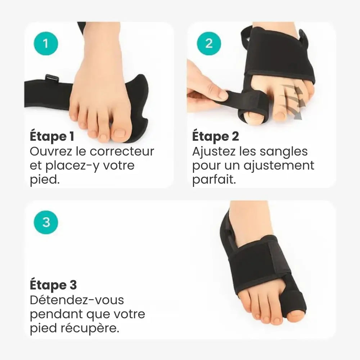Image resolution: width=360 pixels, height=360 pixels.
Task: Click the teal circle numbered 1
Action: coord(46,44)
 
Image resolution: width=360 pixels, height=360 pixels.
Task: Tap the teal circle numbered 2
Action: coord(209,44)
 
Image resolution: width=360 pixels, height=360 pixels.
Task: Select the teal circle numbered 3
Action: coord(46,222)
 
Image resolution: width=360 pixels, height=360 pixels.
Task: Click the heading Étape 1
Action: coord(52,136)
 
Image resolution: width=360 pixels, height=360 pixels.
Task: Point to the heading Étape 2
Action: coord(215,136)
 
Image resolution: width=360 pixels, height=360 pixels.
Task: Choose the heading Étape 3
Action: coord(53,285)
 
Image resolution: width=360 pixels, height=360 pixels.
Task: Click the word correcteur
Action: coord(122,152)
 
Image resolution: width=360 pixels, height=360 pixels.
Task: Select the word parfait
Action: coord(214,179)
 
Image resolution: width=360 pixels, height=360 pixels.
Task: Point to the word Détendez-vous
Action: coord(77,300)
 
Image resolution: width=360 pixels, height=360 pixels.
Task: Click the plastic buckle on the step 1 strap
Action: coord(52,78)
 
